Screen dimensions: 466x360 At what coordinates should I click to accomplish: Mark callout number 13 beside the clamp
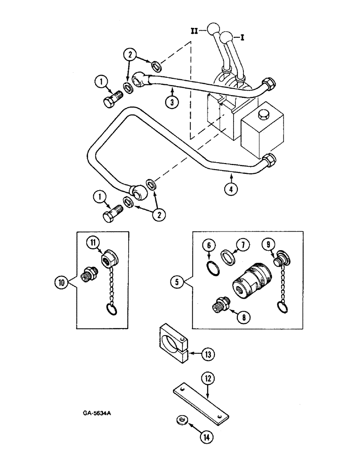coord(207,355)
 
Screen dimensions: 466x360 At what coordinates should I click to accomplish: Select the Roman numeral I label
coord(242,36)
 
